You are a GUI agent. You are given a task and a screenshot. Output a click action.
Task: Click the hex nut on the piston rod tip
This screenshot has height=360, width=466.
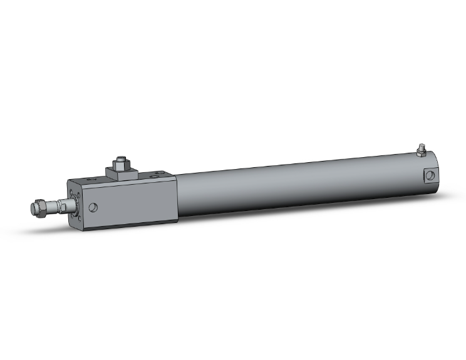[x=39, y=207]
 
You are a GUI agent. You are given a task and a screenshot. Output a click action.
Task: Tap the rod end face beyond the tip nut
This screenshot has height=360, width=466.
[x=32, y=208]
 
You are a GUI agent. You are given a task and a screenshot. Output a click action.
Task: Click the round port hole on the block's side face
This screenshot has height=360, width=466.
[x=94, y=207]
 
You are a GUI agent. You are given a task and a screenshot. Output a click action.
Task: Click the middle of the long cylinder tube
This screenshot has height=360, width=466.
[x=294, y=188]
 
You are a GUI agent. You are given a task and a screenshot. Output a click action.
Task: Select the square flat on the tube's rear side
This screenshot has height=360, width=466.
[x=430, y=175]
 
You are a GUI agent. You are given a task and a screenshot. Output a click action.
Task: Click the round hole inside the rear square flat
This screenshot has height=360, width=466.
[x=430, y=175]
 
